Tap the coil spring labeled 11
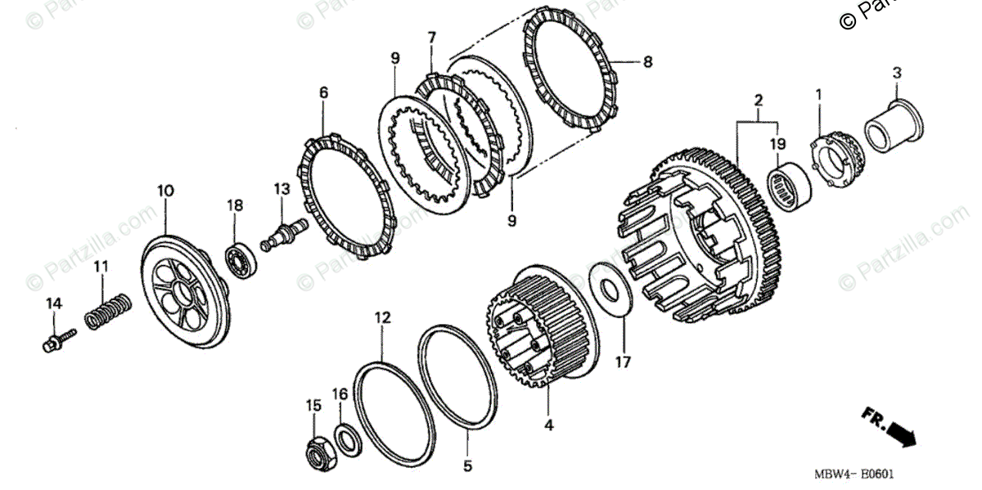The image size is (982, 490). [x=108, y=311]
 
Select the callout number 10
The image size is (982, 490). [x=165, y=191]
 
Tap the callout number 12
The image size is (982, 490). [x=382, y=317]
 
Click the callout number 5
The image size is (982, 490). [x=467, y=467]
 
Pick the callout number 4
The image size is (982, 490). [x=549, y=425]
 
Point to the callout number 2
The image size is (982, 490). [x=759, y=101]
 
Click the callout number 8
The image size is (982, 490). [x=647, y=61]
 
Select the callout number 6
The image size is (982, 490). [x=323, y=93]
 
